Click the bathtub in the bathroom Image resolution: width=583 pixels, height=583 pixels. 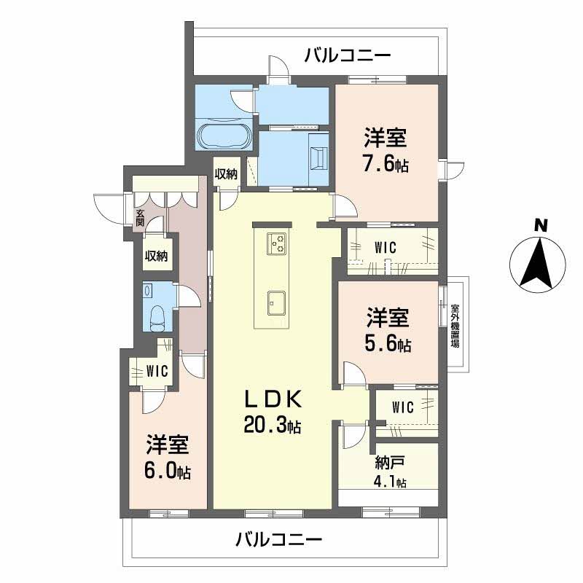(224, 136)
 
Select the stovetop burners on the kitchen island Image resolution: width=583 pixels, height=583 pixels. (277, 243)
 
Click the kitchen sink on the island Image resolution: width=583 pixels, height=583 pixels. (275, 301)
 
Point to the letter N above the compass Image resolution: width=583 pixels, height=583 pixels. (540, 226)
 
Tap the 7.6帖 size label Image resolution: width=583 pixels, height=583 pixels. (386, 165)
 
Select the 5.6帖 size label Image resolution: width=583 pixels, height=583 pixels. (388, 344)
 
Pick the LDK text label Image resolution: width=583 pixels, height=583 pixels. (272, 400)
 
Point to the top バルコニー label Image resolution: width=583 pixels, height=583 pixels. (348, 55)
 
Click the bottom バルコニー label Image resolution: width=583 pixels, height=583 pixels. (278, 540)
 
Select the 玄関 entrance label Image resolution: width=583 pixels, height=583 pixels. (140, 218)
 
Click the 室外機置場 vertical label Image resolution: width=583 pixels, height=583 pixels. (455, 324)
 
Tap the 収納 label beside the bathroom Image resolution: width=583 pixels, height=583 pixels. (226, 173)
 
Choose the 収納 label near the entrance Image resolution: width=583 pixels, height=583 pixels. (156, 256)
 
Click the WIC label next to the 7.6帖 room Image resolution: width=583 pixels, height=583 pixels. (385, 248)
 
